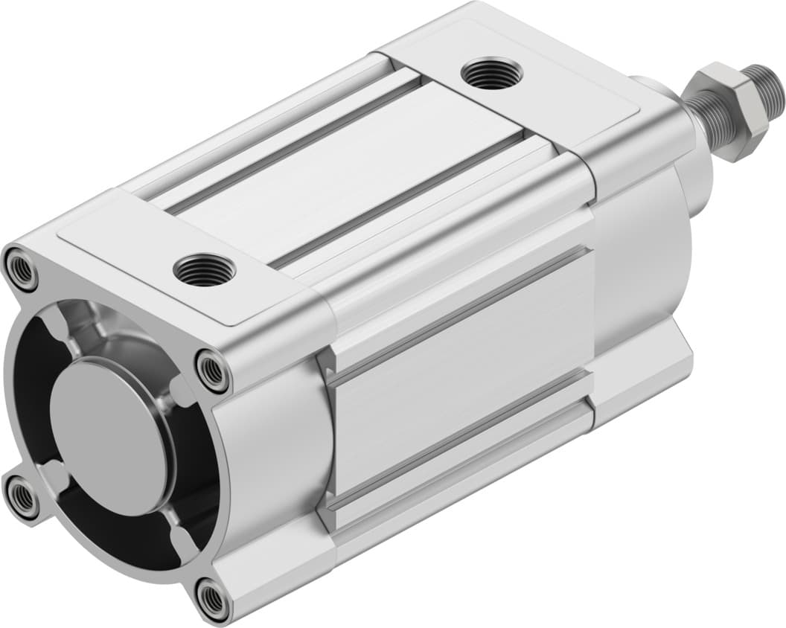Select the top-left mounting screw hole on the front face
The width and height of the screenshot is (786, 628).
[21, 269]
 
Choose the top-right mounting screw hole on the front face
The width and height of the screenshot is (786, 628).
[213, 370]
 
